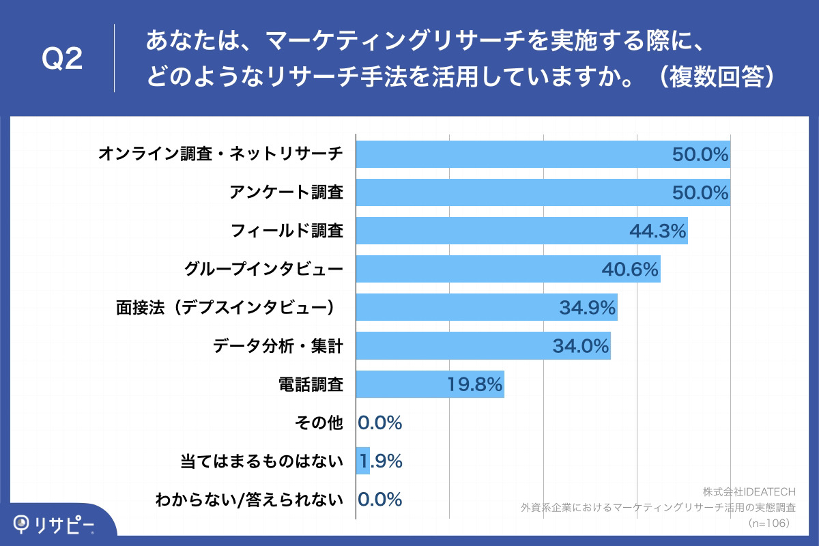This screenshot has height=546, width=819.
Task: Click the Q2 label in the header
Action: [62, 60]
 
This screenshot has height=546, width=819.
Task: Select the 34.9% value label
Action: [588, 308]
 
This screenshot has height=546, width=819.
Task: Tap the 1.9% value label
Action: [381, 461]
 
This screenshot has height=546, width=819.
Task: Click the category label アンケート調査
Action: [285, 193]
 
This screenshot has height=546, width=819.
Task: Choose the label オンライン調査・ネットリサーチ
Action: [220, 154]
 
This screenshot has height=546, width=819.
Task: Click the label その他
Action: [319, 424]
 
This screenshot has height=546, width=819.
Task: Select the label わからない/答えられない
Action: [248, 500]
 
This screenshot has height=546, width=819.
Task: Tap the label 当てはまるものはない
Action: [260, 462]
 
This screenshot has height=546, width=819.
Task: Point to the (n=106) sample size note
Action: [768, 523]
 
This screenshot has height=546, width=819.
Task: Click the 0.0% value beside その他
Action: [380, 423]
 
